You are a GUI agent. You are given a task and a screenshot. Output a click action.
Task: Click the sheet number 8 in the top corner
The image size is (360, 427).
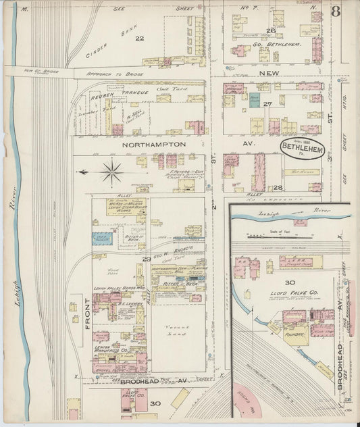point(336,11)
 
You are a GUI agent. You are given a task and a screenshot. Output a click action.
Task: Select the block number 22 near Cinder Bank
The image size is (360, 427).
point(140,39)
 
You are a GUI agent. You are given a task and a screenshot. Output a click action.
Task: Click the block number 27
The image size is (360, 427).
point(267,103)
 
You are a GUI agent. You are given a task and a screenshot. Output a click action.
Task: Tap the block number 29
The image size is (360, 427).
point(146,259)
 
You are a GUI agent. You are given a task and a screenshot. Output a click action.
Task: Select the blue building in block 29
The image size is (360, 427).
point(103,237)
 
